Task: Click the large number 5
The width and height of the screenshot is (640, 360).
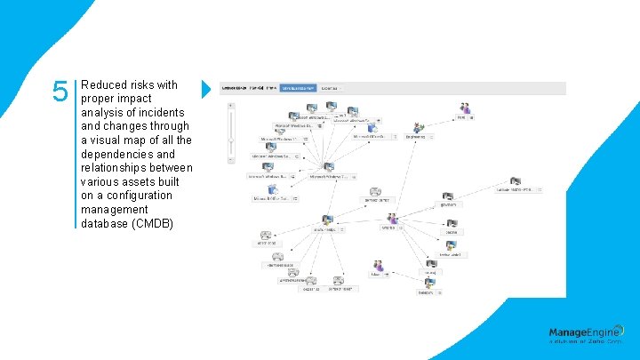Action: click(x=60, y=92)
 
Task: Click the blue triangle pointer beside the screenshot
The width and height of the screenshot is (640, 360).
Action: click(x=206, y=89)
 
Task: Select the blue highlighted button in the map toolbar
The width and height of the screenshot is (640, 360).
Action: click(x=298, y=89)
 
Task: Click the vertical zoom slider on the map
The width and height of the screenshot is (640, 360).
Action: click(x=231, y=138)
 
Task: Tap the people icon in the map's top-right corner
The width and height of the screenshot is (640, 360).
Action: click(x=464, y=108)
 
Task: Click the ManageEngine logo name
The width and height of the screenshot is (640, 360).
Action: click(x=586, y=332)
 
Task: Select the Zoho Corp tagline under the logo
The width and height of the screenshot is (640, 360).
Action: click(x=586, y=342)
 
